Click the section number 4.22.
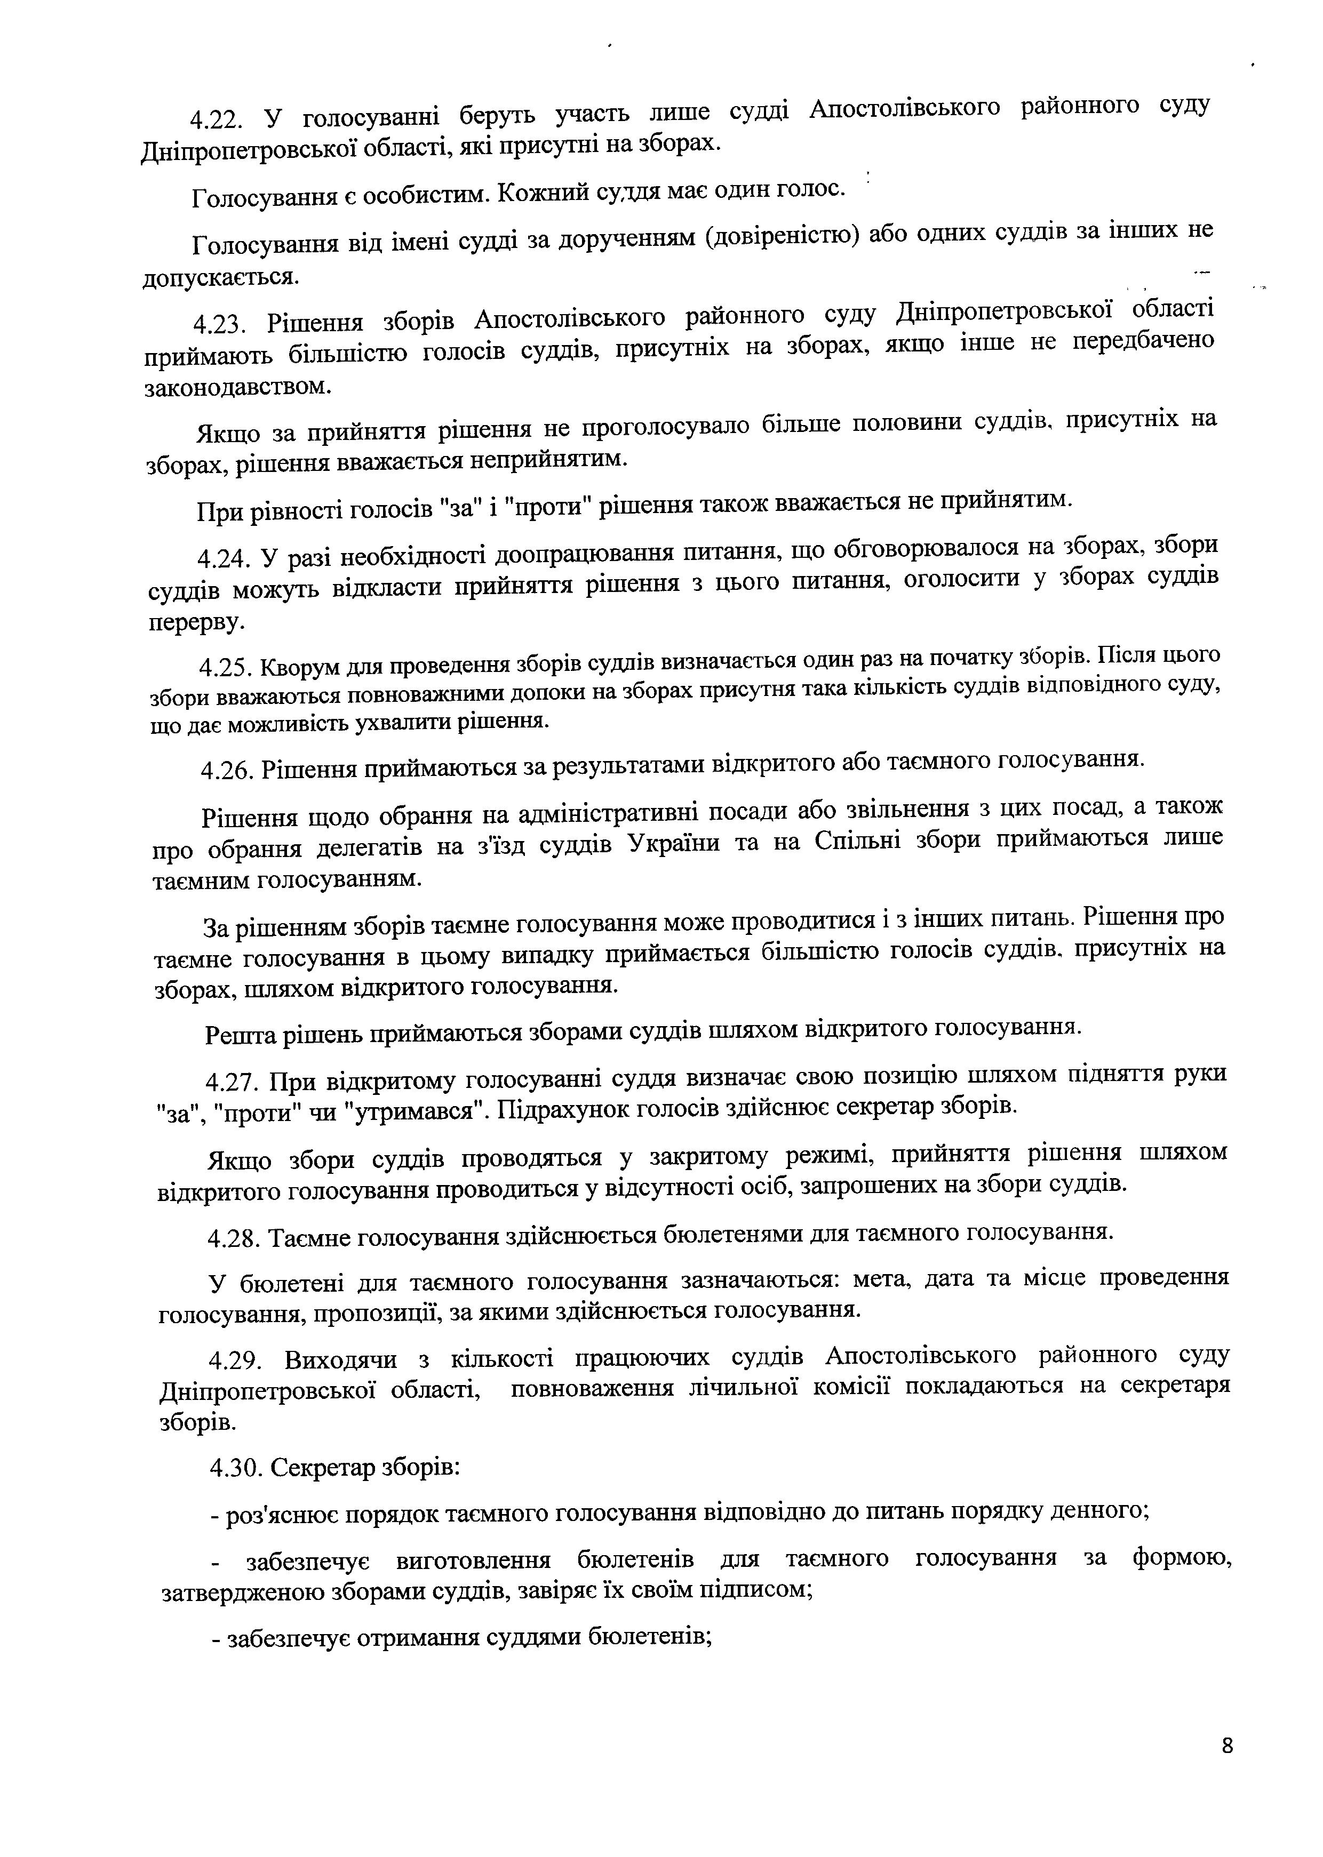tap(216, 119)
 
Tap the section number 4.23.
tap(219, 324)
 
